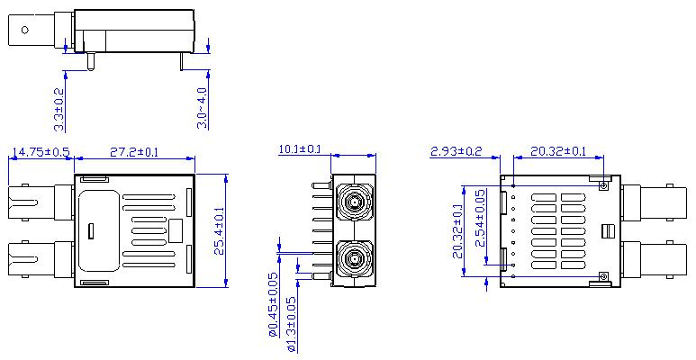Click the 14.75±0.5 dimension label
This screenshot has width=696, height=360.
pos(41,152)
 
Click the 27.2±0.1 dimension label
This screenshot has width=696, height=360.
pos(133,152)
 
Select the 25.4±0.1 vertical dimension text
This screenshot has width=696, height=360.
pos(220,230)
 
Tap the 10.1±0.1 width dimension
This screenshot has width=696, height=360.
pos(300,149)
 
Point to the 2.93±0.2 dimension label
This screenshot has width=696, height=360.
pos(456,151)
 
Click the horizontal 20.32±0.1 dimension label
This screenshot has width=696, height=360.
pos(558,151)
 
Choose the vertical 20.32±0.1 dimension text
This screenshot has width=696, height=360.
pos(457,230)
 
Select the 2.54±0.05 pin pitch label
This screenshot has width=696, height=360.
pos(480,218)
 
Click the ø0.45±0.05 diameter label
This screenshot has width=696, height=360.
pos(274,304)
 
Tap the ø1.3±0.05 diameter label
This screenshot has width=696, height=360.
pos(292,325)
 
